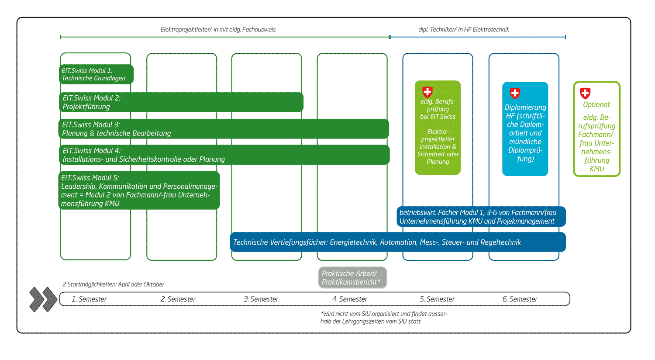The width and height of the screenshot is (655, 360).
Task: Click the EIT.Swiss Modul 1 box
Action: pos(96,74)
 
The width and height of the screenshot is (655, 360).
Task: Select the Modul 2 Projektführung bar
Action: pos(181,102)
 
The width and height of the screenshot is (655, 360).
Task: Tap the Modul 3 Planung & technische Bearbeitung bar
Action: pos(224,129)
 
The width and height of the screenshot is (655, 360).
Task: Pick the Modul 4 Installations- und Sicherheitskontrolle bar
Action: pos(224,155)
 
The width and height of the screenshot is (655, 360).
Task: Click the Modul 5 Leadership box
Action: pos(139,190)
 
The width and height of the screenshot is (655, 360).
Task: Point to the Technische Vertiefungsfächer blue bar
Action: pos(398,242)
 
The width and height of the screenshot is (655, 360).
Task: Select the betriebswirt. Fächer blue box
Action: pos(481,217)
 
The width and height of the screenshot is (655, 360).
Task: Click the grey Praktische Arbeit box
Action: pos(353,277)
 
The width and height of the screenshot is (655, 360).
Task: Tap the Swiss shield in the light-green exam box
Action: pos(427,92)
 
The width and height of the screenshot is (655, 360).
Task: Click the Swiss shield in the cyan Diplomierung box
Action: pos(515,93)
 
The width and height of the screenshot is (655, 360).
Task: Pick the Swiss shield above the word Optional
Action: pos(585,93)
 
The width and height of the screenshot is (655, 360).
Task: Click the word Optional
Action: pos(597,105)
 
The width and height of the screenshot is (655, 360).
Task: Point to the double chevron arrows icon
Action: pos(43,299)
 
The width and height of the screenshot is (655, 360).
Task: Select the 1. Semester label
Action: pos(89,299)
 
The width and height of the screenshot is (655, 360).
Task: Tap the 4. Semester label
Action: pos(350,299)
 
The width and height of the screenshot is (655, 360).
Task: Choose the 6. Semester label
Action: pos(520,299)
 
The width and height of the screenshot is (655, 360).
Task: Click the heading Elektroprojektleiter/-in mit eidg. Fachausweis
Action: pos(218,30)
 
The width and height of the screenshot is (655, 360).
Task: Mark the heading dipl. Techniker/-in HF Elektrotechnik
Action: pos(464,30)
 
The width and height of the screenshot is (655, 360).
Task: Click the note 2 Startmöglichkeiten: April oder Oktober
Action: pos(113,284)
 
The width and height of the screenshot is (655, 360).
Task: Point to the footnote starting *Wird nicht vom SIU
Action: pos(384,318)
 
